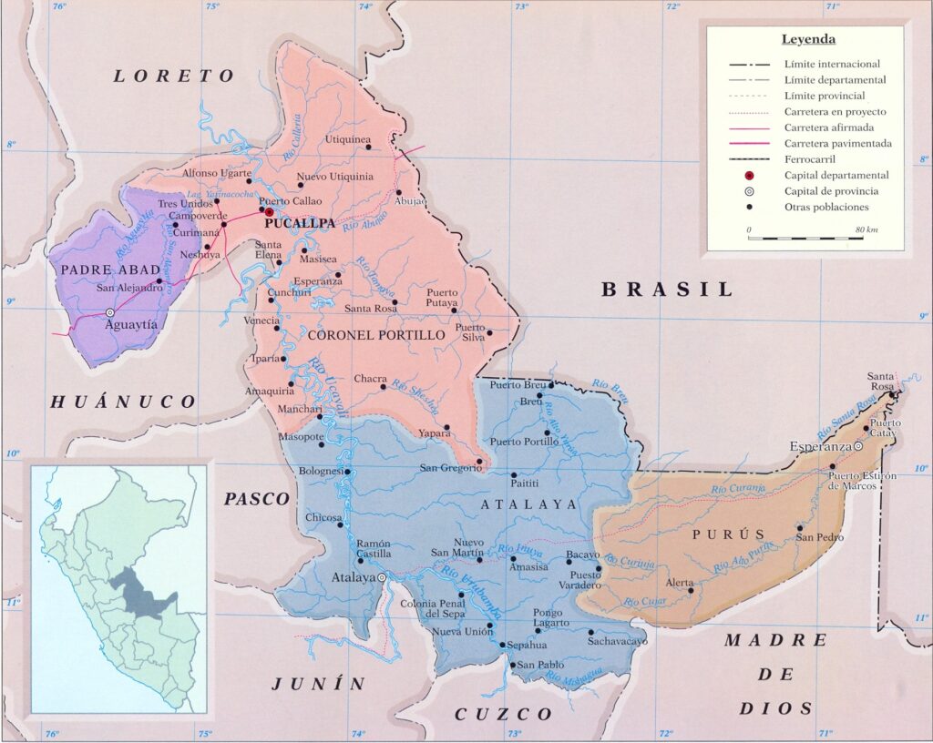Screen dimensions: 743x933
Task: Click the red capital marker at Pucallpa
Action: (269, 211)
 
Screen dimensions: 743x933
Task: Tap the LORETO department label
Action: (174, 76)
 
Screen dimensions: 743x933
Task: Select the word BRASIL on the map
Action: (667, 290)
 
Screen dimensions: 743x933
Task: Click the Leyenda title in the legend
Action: (808, 40)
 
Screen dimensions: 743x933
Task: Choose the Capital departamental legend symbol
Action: (750, 175)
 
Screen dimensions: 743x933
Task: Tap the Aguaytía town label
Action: (131, 324)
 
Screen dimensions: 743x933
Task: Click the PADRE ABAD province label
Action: (98, 270)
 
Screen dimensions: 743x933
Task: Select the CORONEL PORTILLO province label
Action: (376, 335)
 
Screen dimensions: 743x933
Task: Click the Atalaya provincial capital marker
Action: (383, 577)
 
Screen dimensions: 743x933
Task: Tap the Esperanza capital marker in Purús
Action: (858, 446)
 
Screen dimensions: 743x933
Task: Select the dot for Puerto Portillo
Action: (547, 433)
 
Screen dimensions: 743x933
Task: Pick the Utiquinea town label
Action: (347, 139)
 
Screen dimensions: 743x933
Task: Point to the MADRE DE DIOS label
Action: (774, 674)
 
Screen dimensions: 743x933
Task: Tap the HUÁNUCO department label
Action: (122, 402)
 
